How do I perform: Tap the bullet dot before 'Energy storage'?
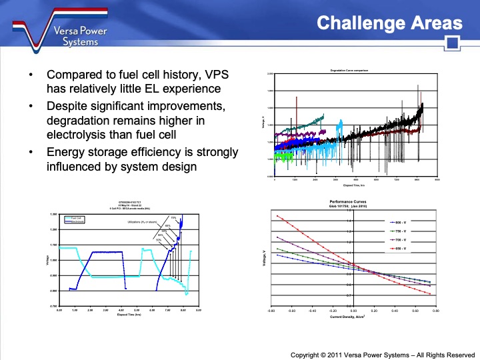pos(31,153)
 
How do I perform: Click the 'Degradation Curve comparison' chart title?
pos(349,70)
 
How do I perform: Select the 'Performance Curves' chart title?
pos(348,201)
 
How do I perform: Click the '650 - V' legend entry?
pos(402,249)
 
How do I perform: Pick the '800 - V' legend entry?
pos(402,221)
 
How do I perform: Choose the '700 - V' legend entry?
pos(402,239)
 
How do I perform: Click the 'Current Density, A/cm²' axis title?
pos(349,317)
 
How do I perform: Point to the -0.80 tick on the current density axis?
pos(271,310)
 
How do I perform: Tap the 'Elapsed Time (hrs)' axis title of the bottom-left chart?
pos(129,314)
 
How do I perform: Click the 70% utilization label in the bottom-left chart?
pos(173,217)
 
